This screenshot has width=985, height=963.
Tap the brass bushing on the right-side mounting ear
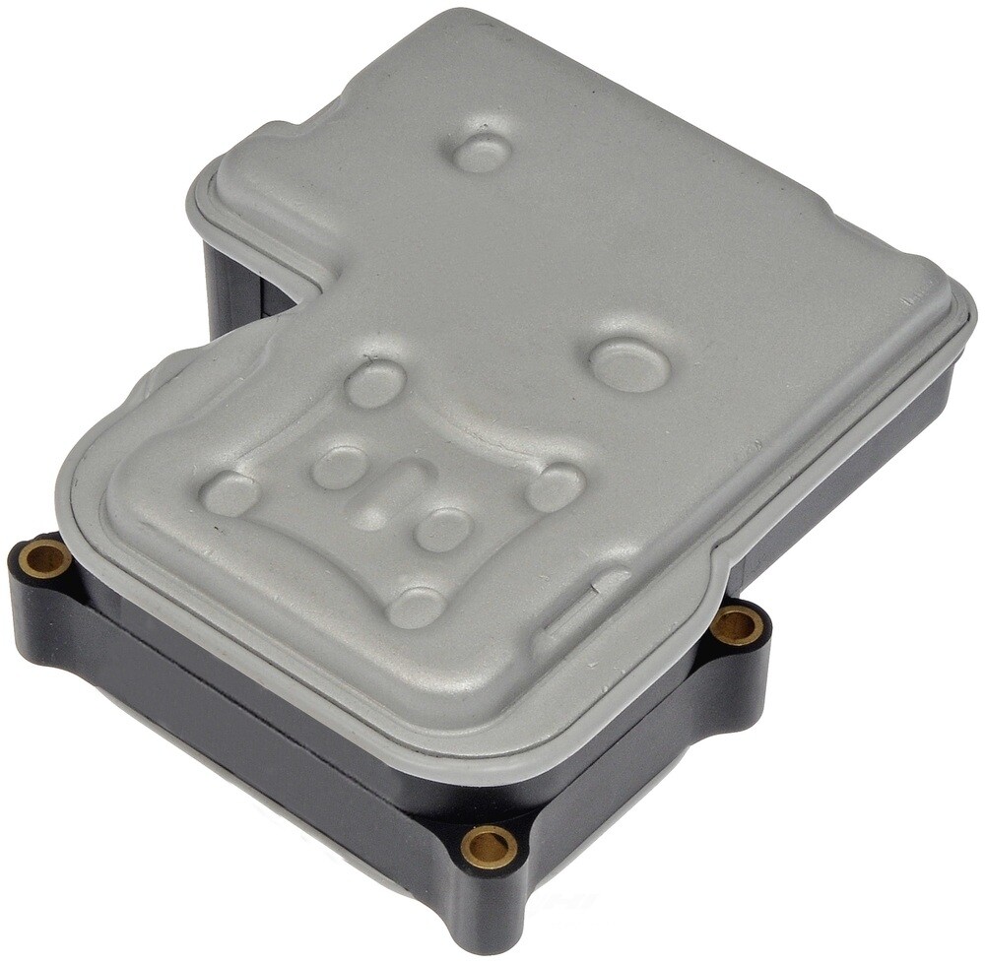pos(737,626)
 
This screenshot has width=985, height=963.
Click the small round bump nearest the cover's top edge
pos(483,152)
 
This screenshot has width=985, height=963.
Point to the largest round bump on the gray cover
pos(630,364)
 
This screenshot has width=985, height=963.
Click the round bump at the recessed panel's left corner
pos(231,492)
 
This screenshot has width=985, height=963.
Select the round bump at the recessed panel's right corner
pos(554,487)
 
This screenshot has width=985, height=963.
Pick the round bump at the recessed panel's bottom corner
pos(416,606)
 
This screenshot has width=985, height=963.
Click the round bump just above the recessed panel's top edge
pos(375,383)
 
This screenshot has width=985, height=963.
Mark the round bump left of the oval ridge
pos(340,467)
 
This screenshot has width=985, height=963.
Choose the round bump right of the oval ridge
pos(443,529)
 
